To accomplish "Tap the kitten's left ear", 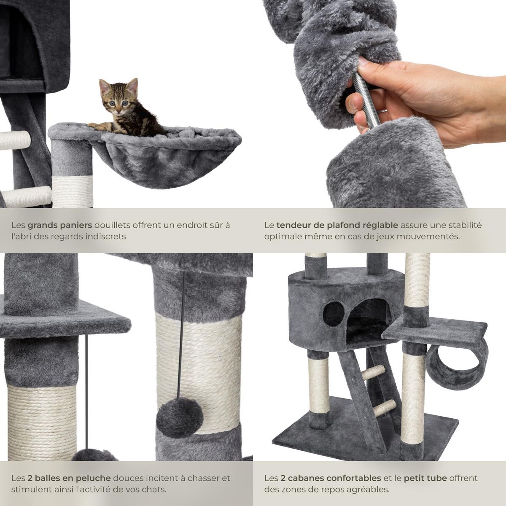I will click(x=103, y=86).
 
